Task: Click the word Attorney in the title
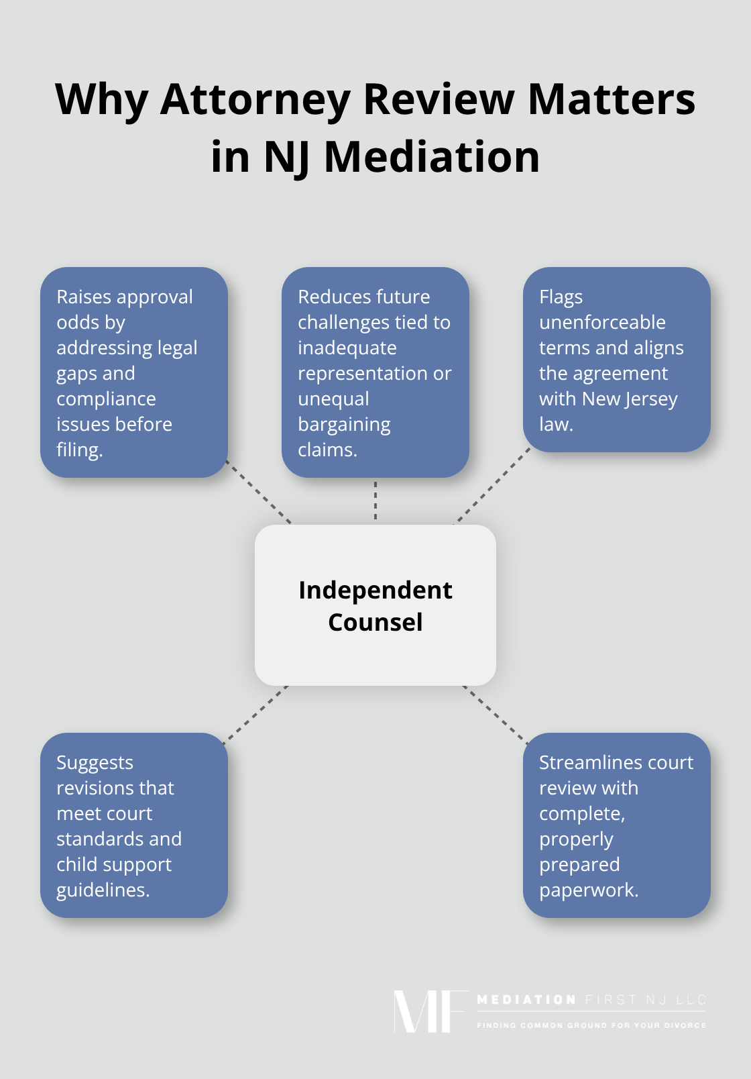click(x=255, y=99)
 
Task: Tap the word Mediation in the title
click(x=432, y=157)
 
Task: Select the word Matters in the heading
click(x=612, y=99)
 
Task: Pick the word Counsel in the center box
click(x=375, y=623)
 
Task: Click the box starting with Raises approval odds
click(x=134, y=372)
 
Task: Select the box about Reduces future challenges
click(x=375, y=372)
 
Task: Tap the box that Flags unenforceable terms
click(x=617, y=360)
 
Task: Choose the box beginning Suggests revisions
click(x=134, y=825)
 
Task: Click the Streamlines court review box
click(x=617, y=825)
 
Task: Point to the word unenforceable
click(x=602, y=323)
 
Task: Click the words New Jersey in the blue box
click(x=630, y=399)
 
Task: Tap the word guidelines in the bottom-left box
click(x=103, y=890)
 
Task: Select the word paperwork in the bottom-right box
click(x=588, y=890)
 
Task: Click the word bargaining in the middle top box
click(x=344, y=425)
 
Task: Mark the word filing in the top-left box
click(x=79, y=450)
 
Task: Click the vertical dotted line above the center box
click(x=375, y=501)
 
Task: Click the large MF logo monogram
click(x=429, y=1011)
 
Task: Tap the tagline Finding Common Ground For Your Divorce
click(x=591, y=1025)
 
